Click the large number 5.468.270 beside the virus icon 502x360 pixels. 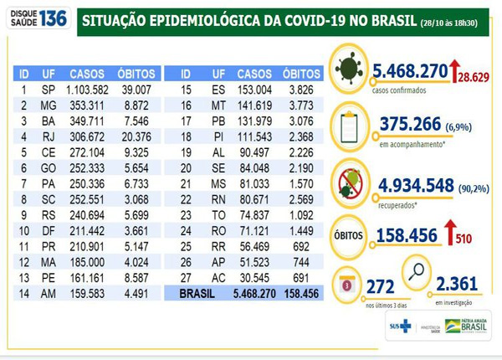[x=402, y=72]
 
